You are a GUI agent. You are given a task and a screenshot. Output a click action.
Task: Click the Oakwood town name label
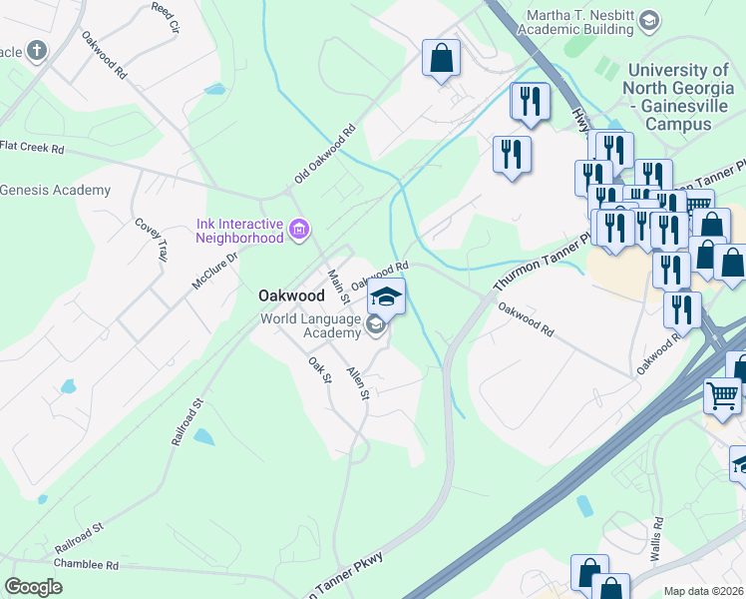click(x=291, y=296)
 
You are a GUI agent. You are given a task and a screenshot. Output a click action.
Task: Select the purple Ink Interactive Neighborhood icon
click(x=298, y=231)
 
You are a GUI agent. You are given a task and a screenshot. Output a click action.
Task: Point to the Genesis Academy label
click(x=55, y=190)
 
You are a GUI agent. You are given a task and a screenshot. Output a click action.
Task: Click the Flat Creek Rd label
click(x=32, y=148)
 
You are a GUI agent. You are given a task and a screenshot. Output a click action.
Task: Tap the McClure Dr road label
click(x=214, y=270)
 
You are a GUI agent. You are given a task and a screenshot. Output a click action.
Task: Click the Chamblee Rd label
click(x=87, y=565)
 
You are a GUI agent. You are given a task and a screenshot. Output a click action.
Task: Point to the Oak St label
click(x=319, y=368)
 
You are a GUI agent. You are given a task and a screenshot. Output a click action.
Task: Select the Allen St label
click(x=357, y=382)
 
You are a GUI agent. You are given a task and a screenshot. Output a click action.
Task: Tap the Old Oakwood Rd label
click(x=325, y=155)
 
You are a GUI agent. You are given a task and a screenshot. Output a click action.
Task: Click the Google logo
click(x=33, y=587)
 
